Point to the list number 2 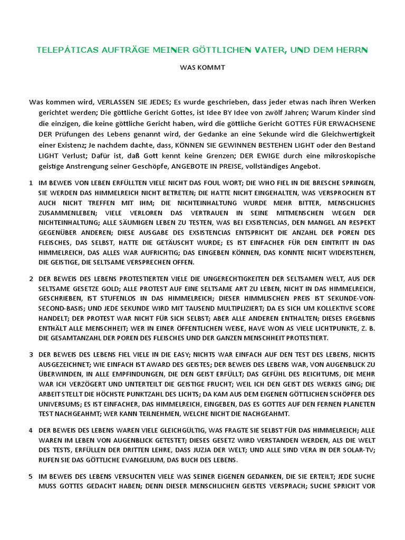tap(31, 278)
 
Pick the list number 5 tap(31, 476)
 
